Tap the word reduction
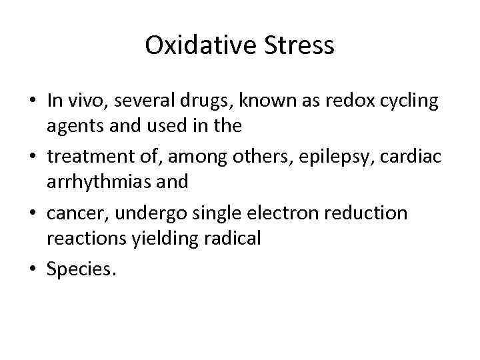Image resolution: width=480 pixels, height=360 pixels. point(373,212)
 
